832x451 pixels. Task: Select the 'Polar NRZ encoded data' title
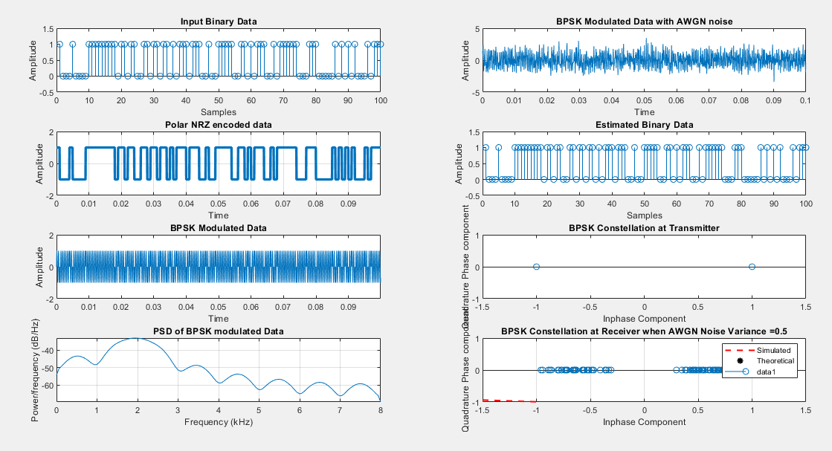pos(218,124)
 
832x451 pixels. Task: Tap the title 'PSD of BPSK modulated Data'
pos(218,331)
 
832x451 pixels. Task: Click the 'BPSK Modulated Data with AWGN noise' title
pos(644,21)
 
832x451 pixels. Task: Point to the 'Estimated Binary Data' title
pos(644,124)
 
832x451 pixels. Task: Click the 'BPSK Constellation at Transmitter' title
pos(644,227)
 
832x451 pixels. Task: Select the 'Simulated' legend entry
pos(773,350)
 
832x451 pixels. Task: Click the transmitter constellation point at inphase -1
pos(536,267)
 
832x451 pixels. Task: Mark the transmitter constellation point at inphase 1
pos(752,267)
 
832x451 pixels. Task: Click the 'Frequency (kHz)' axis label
pos(218,422)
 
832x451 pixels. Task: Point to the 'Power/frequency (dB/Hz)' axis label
pos(35,369)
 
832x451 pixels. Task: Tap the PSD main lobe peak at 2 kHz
pos(137,339)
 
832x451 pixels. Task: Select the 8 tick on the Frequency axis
pos(380,410)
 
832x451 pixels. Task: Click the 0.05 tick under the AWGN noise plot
pos(644,100)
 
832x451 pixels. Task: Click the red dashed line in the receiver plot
pos(509,400)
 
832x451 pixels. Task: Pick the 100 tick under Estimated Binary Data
pos(804,204)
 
